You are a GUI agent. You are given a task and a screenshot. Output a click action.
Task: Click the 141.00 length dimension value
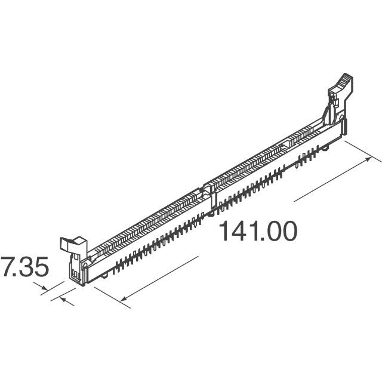[x=258, y=231]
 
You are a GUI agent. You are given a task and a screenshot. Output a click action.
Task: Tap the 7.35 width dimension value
[x=24, y=266]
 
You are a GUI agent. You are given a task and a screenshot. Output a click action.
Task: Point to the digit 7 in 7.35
[x=6, y=266]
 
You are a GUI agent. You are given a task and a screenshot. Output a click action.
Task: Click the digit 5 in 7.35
[x=39, y=266]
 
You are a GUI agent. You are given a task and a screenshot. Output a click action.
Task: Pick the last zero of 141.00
[x=287, y=231]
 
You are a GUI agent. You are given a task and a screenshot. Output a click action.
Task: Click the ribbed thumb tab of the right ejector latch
[x=342, y=81]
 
